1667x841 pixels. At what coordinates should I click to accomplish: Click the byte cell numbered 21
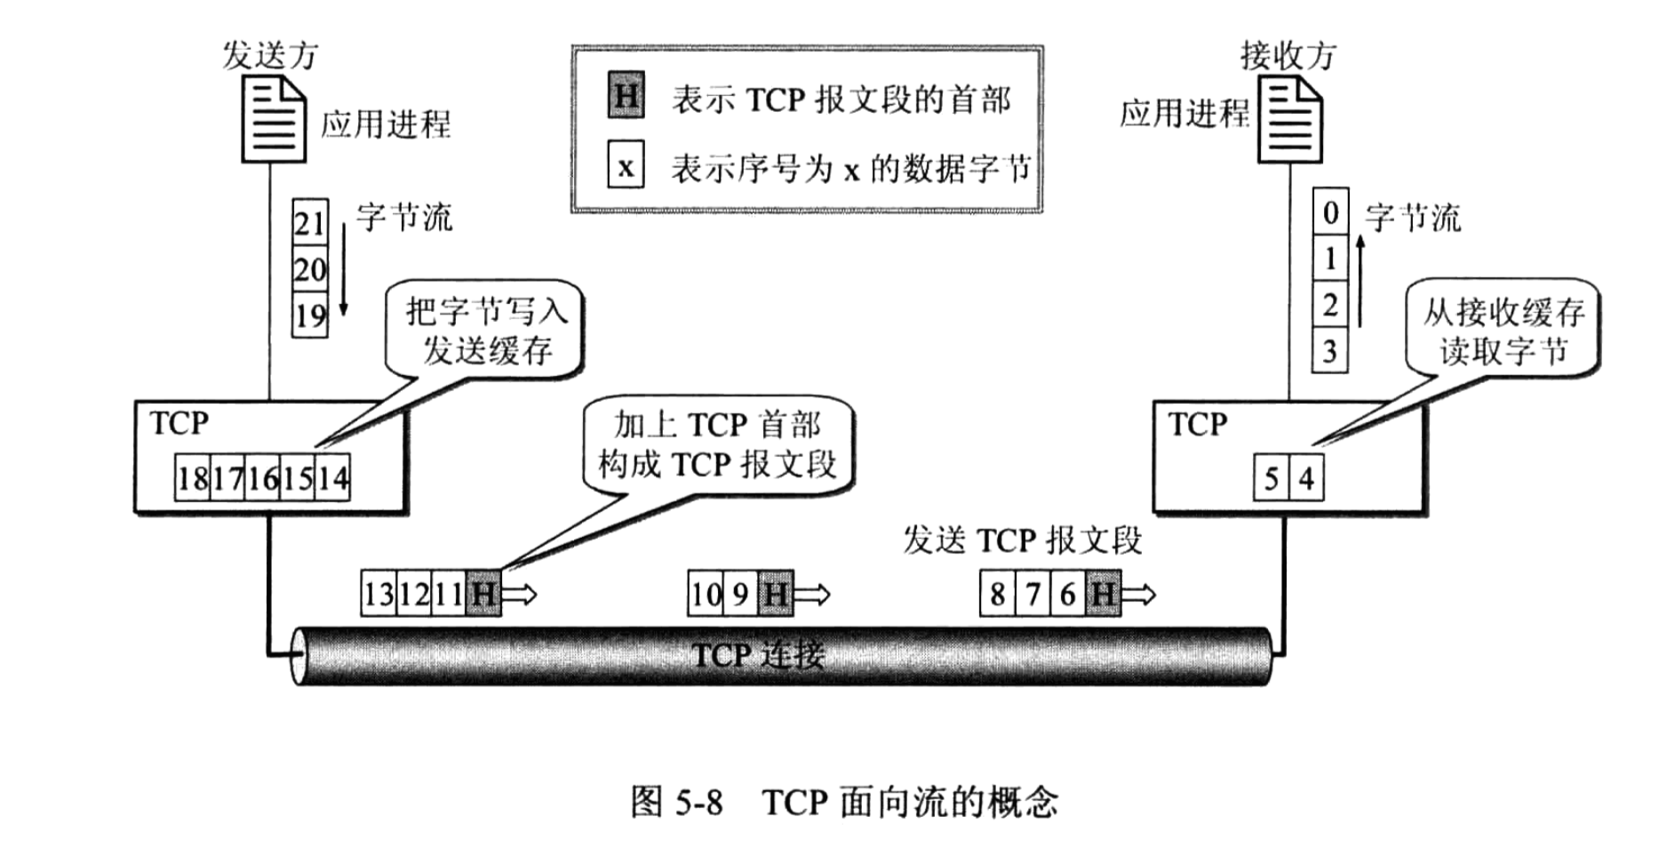click(310, 221)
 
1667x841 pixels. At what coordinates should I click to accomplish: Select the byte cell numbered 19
click(310, 316)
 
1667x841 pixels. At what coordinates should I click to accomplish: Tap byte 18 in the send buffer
click(192, 480)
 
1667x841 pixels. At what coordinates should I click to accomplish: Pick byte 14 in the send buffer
click(332, 480)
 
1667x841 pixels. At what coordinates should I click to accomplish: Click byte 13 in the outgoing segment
click(378, 594)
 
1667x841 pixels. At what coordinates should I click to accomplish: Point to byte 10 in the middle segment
click(706, 594)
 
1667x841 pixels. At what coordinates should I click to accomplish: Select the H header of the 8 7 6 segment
click(1103, 594)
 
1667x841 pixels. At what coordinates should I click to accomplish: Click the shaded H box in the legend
click(626, 95)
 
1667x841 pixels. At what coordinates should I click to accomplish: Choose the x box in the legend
click(626, 166)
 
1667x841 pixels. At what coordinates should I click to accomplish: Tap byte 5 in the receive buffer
click(1272, 480)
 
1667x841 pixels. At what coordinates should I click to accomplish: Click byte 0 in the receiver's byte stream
click(1330, 212)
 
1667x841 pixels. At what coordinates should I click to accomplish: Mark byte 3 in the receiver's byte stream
click(1330, 351)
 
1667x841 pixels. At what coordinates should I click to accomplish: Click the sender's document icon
click(275, 119)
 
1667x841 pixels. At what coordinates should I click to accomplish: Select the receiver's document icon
click(1290, 119)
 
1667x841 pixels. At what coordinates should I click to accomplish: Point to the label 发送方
click(270, 55)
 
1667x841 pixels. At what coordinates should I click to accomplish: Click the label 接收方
click(1288, 55)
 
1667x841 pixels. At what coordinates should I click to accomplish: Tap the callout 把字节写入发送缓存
click(486, 331)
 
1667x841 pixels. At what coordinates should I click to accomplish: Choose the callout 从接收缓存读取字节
click(1503, 331)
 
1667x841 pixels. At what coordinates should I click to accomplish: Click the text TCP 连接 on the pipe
click(758, 656)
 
